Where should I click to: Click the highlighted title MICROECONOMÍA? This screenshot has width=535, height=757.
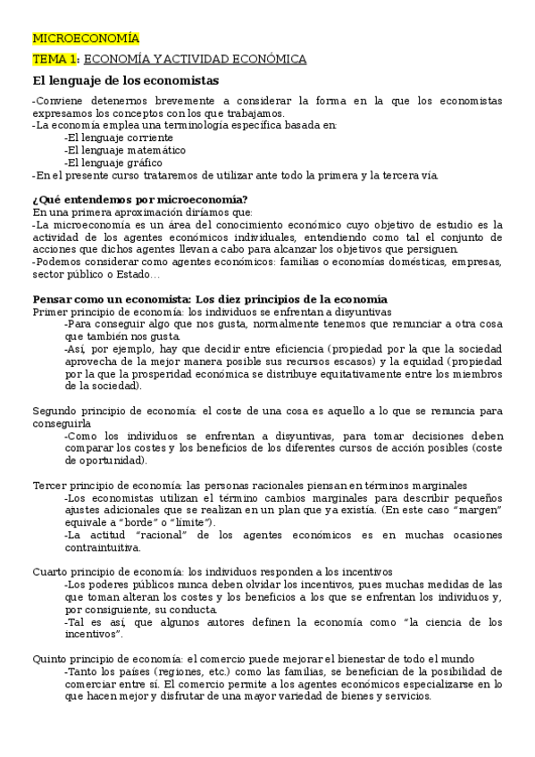[86, 38]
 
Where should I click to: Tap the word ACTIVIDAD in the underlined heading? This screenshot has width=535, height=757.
[200, 59]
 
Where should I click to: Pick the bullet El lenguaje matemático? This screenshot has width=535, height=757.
[119, 151]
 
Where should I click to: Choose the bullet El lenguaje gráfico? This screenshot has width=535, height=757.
[113, 163]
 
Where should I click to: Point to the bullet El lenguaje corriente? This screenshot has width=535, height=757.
[114, 138]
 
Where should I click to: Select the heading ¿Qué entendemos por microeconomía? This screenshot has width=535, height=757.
[140, 199]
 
